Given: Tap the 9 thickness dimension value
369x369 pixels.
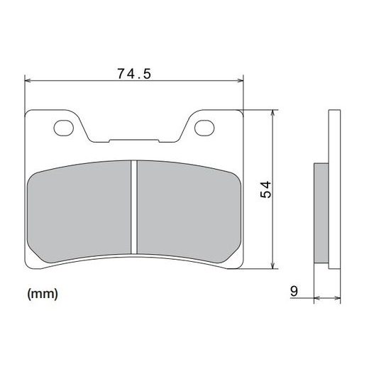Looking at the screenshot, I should [292, 290].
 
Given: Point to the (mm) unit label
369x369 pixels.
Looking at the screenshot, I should [43, 292].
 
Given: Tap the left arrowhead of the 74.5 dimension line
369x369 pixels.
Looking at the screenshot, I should [29, 81].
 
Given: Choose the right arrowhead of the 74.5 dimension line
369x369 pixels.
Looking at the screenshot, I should [239, 81].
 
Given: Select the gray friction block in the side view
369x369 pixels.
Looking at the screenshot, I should [321, 213].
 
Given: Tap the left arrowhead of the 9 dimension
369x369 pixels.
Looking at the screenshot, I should [316, 299].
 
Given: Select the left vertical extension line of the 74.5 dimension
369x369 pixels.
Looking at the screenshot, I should [25, 96].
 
